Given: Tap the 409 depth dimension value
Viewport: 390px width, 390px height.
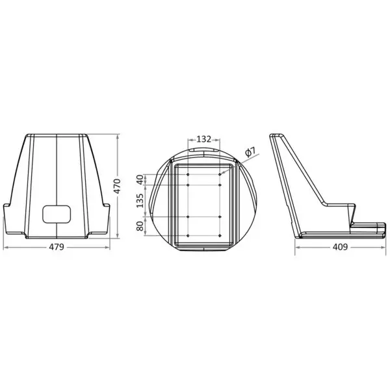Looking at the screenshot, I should pos(341,247).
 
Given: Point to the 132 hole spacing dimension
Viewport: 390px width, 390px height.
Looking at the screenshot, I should pos(204,139).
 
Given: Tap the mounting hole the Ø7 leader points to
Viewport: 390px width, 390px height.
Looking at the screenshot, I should pos(222,174).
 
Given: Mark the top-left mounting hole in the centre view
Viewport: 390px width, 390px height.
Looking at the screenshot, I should pos(188,174).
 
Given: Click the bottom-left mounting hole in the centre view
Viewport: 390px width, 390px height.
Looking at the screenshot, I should pos(188,235).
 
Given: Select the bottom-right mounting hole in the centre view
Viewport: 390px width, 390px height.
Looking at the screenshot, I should pos(222,235).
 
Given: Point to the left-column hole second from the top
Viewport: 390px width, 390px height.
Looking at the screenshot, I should pos(188,185).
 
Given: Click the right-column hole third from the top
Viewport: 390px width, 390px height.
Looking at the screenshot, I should pos(222,215).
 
